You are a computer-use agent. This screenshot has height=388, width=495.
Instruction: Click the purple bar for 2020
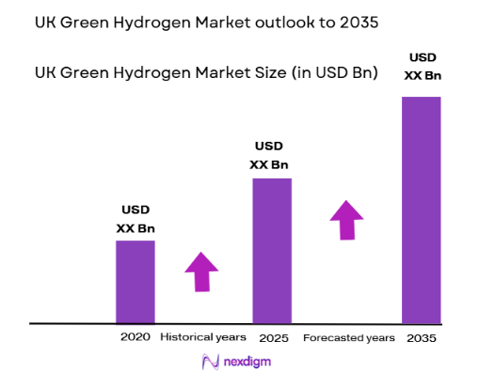(x=135, y=282)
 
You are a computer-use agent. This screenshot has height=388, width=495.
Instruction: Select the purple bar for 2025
(x=272, y=250)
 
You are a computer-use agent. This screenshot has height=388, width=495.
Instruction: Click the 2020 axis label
(x=135, y=336)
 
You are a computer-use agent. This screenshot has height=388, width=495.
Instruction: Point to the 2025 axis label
(x=272, y=336)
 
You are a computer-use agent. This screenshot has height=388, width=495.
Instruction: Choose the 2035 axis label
(x=422, y=336)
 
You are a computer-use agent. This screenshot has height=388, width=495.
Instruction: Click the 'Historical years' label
(x=203, y=336)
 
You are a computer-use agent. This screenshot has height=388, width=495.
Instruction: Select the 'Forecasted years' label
(x=348, y=336)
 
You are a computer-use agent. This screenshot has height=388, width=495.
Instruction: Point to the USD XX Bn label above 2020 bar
(x=135, y=218)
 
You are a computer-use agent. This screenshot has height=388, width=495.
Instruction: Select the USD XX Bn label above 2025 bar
(x=272, y=155)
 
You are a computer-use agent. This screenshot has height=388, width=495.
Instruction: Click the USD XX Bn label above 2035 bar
(x=422, y=66)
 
